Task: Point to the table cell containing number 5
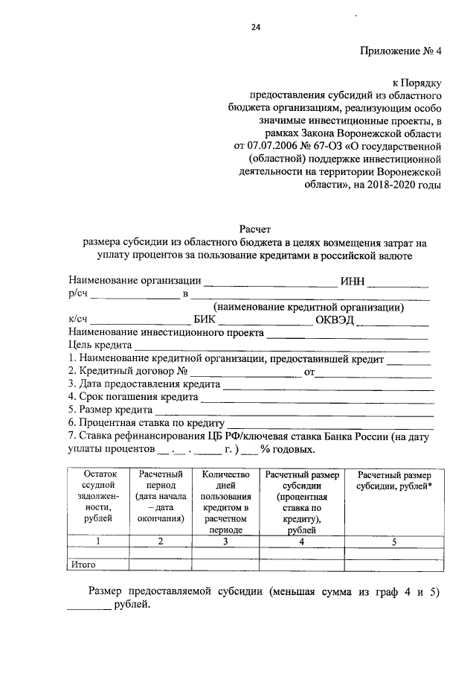pyautogui.click(x=394, y=541)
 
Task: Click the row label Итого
pyautogui.click(x=84, y=565)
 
